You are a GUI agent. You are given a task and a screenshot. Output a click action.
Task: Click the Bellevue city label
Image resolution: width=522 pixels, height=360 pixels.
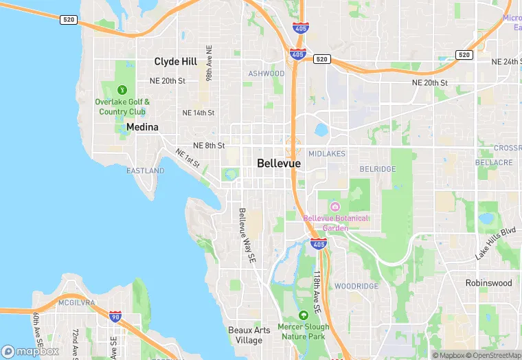279,164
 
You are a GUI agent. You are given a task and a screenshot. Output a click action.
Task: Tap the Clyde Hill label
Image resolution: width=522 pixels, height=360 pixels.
176,62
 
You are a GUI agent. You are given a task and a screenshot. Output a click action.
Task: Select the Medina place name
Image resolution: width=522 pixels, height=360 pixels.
142,127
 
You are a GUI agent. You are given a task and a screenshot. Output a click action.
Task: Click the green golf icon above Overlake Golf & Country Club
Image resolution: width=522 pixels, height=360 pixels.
122,89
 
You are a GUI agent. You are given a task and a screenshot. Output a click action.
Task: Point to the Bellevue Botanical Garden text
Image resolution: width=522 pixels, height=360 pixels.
336,223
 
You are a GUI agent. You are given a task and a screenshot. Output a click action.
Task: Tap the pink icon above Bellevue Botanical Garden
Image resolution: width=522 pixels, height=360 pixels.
334,206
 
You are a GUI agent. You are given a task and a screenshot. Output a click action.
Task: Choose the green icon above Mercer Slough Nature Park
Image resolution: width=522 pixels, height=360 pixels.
304,315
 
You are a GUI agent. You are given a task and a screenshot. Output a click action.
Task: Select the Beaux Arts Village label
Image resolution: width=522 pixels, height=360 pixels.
249,335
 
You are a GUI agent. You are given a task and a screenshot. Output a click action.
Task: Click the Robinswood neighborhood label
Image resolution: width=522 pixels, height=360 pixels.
488,282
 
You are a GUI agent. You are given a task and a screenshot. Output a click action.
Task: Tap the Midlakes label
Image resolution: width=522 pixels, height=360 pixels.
326,153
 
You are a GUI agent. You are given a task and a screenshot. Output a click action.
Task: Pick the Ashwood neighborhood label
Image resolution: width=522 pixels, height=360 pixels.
266,74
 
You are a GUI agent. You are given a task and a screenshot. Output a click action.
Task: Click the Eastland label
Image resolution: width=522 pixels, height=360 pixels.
145,170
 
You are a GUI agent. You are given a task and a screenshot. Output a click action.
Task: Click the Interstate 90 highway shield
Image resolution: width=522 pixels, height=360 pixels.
115,317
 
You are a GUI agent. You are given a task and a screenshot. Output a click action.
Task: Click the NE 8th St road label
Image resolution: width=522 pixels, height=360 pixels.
209,146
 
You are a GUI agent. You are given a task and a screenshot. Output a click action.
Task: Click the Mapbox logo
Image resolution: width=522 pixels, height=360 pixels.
30,351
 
